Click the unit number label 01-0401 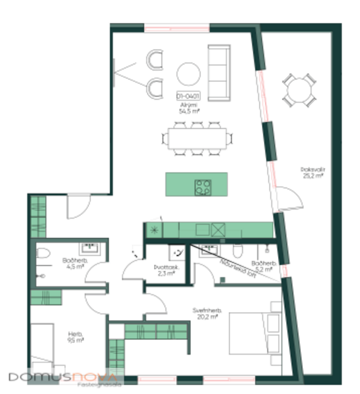[188, 96]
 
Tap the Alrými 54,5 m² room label [188, 107]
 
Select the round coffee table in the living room [189, 74]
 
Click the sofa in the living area [219, 72]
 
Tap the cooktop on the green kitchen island [203, 187]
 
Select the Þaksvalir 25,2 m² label [312, 173]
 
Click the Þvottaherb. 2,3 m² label [167, 270]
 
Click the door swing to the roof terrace [290, 201]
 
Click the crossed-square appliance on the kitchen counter [219, 229]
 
